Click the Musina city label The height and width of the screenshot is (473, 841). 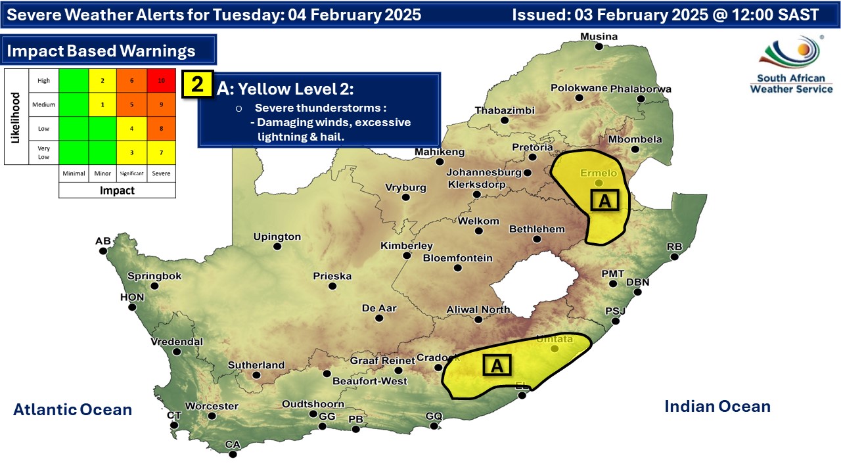tap(599, 36)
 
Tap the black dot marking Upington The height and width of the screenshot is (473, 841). tap(277, 247)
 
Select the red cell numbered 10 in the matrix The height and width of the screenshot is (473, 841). tap(161, 80)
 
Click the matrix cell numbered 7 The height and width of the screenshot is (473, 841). tap(161, 152)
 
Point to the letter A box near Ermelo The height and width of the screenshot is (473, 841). tap(604, 200)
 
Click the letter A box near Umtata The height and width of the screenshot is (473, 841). tap(497, 365)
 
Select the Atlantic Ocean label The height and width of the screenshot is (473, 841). tap(72, 410)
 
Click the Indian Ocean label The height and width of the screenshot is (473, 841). tap(717, 406)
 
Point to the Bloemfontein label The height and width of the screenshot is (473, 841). tap(457, 258)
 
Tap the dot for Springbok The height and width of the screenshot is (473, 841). tap(154, 286)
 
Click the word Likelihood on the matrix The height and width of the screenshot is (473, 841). tap(16, 116)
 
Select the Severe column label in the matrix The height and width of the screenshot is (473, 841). tap(161, 173)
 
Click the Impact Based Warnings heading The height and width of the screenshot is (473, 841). tap(101, 51)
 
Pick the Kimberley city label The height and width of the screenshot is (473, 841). tap(407, 245)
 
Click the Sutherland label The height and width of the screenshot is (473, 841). tap(256, 365)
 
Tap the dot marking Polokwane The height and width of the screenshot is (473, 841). tap(580, 98)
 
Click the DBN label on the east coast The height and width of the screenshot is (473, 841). tap(637, 282)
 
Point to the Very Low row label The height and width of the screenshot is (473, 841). tap(43, 152)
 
